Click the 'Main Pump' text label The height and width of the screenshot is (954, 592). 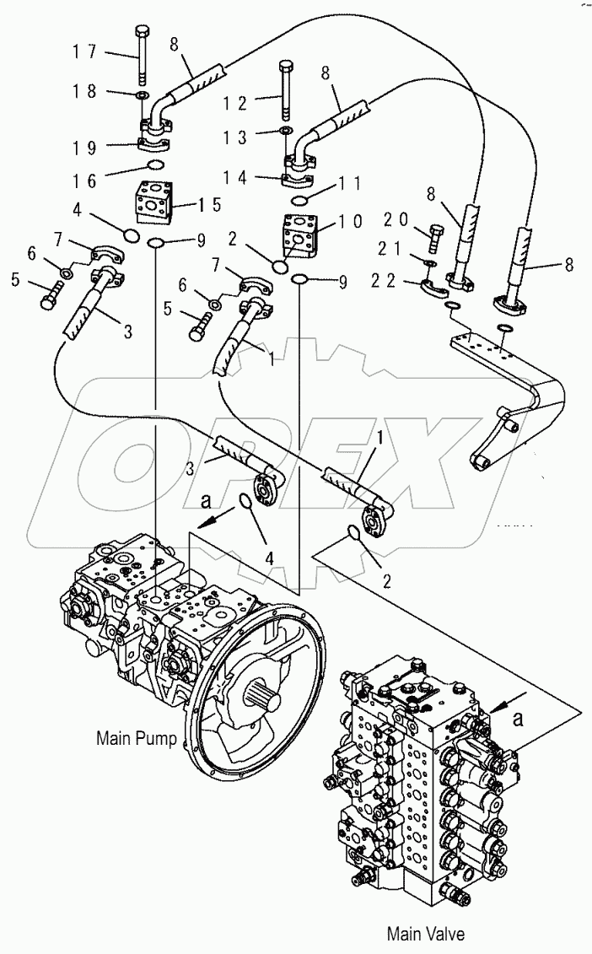point(136,739)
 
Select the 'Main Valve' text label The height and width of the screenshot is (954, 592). point(425,933)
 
